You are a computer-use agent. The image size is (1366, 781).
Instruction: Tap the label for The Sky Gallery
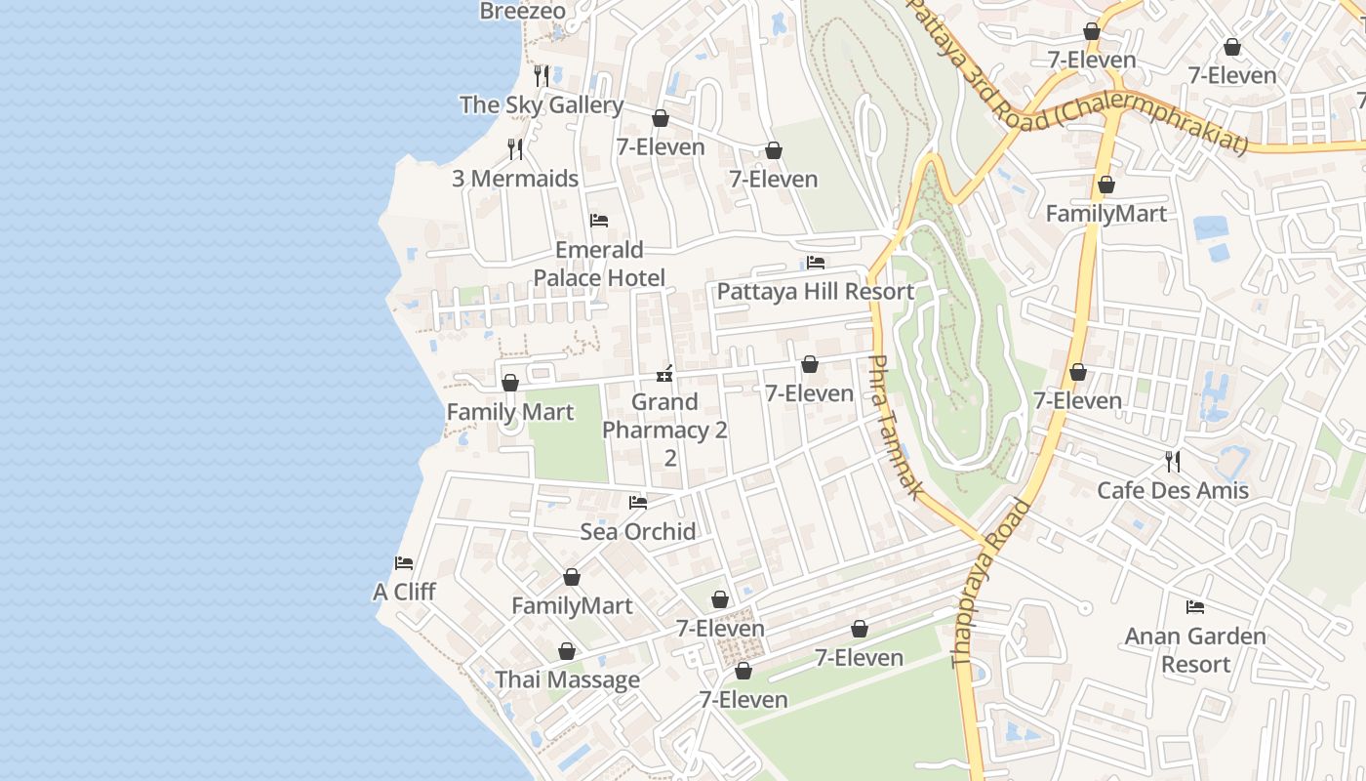tap(541, 105)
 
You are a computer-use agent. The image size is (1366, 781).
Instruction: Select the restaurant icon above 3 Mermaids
tap(515, 149)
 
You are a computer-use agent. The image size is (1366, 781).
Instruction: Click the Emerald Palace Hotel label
tap(599, 264)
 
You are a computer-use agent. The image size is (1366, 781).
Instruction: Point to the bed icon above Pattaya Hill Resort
tap(816, 263)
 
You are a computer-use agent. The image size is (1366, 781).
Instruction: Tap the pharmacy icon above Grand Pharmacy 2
tap(664, 373)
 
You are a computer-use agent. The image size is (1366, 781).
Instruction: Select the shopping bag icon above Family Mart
tap(509, 383)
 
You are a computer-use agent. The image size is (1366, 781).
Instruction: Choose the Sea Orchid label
tap(638, 532)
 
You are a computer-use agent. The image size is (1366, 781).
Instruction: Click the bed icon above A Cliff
tap(404, 563)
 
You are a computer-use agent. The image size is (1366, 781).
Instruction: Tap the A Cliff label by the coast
tap(404, 593)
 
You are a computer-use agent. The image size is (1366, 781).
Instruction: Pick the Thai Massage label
tap(567, 680)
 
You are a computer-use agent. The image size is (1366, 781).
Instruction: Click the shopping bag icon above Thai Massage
tap(567, 651)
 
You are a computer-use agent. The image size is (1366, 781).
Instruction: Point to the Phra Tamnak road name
tap(894, 428)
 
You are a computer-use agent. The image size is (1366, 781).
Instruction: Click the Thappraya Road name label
tap(990, 583)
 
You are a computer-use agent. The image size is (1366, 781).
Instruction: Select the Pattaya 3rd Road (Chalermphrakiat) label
tap(1078, 76)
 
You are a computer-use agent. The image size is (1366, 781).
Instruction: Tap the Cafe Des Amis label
tap(1173, 490)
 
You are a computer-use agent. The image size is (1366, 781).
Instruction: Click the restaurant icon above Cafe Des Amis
tap(1173, 461)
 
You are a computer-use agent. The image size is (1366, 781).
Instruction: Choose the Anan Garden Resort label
tap(1195, 650)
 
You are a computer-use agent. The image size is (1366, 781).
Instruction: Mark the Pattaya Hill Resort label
tap(816, 292)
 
